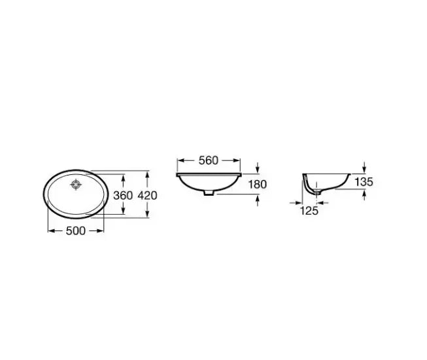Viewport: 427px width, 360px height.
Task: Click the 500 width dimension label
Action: pyautogui.click(x=76, y=231)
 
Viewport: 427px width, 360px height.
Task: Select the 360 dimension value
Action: pyautogui.click(x=123, y=196)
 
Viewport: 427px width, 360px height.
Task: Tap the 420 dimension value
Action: pyautogui.click(x=147, y=196)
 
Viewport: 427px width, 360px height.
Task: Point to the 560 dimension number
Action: pyautogui.click(x=209, y=160)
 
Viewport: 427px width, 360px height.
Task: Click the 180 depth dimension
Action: pyautogui.click(x=258, y=185)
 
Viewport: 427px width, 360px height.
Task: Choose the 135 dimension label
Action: pyautogui.click(x=364, y=182)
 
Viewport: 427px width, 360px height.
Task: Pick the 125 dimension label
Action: pyautogui.click(x=309, y=211)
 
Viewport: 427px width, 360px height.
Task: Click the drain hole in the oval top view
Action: pyautogui.click(x=76, y=185)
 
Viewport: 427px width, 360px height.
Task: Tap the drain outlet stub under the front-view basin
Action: pyautogui.click(x=209, y=193)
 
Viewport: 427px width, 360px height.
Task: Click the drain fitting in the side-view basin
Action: pyautogui.click(x=317, y=192)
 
